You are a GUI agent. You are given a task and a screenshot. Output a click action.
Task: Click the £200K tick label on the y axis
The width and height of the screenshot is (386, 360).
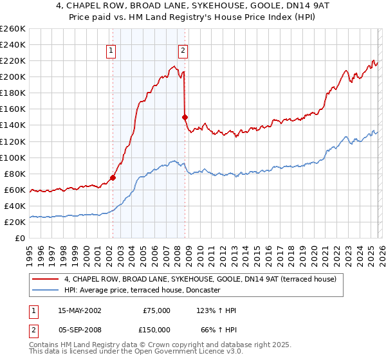(x=13, y=76)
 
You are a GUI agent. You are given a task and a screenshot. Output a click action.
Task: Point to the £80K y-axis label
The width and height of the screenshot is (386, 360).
(x=15, y=174)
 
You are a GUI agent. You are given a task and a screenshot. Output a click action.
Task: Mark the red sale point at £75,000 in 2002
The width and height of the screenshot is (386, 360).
(x=113, y=177)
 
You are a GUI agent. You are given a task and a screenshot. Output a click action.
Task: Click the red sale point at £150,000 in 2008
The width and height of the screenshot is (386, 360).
(x=185, y=117)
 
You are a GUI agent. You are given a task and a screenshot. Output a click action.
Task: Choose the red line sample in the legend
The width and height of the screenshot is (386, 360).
(x=46, y=280)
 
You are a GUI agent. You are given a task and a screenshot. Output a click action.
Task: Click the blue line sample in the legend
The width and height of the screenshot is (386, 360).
(x=46, y=291)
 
